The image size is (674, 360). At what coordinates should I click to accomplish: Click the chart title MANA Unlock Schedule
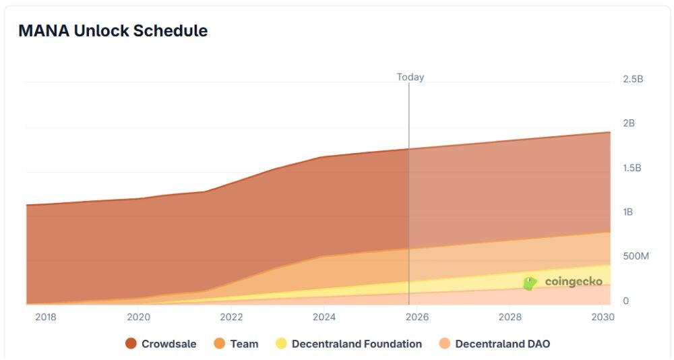(x=113, y=31)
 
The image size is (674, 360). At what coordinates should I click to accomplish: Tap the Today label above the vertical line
(x=410, y=77)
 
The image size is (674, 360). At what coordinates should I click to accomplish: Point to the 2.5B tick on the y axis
(x=633, y=79)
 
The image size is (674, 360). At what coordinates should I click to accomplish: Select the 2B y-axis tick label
(x=629, y=123)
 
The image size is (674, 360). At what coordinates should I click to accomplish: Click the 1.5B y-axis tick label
(x=632, y=168)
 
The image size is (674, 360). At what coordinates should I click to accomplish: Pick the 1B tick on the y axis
(x=628, y=212)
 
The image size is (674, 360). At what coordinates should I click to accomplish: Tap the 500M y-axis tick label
(x=635, y=257)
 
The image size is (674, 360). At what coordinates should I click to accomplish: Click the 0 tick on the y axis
(x=625, y=301)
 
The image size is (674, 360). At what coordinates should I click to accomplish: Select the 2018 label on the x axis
(x=46, y=317)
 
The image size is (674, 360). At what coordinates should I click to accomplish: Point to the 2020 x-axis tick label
(x=139, y=317)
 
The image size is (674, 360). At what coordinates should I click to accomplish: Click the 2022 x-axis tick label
(x=231, y=317)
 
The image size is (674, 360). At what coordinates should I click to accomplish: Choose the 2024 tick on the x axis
(x=324, y=317)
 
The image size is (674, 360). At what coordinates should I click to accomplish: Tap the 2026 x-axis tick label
(x=417, y=317)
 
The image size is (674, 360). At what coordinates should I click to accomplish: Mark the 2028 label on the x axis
(x=510, y=317)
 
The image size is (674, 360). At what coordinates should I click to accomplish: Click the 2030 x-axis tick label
(x=602, y=317)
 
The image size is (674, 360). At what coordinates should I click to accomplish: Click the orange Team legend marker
(x=219, y=344)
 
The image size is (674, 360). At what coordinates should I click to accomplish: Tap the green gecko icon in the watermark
(x=530, y=283)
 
